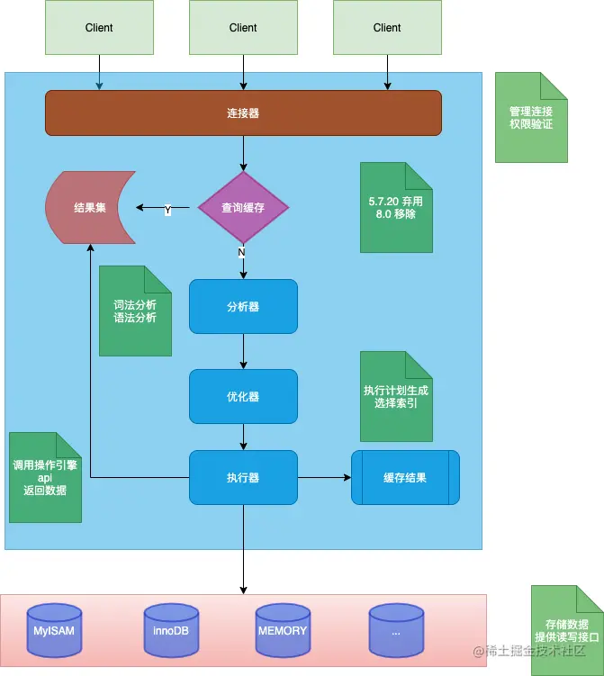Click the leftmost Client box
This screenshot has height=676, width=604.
click(99, 27)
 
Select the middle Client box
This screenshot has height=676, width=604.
click(243, 27)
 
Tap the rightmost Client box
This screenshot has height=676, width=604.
click(387, 27)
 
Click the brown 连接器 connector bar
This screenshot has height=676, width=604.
click(243, 113)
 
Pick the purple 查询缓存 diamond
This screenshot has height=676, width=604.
click(243, 208)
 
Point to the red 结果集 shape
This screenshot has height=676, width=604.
click(90, 208)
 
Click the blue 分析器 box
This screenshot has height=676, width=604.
click(243, 306)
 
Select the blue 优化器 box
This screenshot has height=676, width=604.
click(243, 396)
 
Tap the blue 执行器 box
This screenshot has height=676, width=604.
click(243, 477)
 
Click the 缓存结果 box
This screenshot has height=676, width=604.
click(405, 477)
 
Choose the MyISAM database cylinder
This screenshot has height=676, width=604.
click(54, 630)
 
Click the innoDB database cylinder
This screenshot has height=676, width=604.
click(171, 630)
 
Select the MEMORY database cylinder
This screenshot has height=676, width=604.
click(283, 630)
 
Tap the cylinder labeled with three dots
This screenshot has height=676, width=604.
click(396, 630)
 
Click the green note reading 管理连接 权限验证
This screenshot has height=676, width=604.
click(531, 118)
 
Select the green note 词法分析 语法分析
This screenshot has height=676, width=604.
click(135, 311)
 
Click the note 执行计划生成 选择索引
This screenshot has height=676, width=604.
click(396, 396)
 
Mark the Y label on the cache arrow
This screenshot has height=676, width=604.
click(167, 209)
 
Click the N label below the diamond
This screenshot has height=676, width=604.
click(241, 253)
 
